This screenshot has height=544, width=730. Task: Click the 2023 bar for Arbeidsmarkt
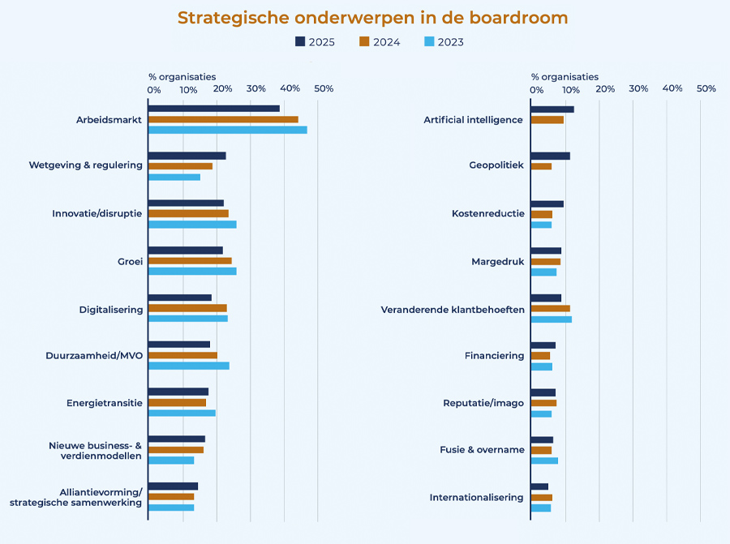tap(228, 130)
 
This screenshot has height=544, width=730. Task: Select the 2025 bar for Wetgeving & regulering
tap(187, 156)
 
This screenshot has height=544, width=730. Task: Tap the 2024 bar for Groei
tap(190, 261)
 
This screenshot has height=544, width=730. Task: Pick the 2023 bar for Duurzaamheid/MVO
tap(189, 366)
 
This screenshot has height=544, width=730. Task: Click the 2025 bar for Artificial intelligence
tap(552, 109)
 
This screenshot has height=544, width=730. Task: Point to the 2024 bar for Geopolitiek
tap(541, 166)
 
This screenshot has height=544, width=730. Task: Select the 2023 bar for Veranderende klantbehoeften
tap(552, 319)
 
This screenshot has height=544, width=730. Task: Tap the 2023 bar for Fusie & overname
tap(544, 460)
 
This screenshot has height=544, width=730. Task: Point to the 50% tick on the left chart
tap(324, 88)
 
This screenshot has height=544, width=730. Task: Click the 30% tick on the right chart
tap(638, 88)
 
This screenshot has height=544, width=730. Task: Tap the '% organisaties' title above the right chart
tap(565, 77)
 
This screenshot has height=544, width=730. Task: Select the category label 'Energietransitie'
tap(105, 403)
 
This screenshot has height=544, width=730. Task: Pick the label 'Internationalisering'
tap(477, 497)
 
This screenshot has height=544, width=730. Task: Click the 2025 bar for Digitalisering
tap(180, 298)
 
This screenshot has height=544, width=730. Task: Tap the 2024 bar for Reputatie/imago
tap(543, 403)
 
